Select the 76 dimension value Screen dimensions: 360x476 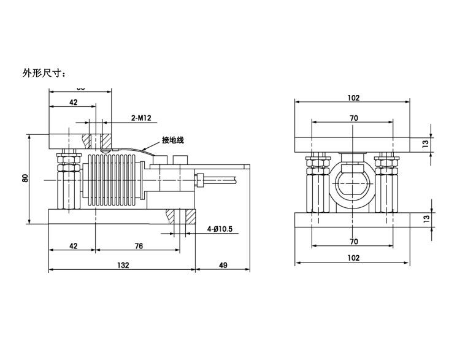138,246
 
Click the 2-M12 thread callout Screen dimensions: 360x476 141,117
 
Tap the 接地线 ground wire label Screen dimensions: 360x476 172,140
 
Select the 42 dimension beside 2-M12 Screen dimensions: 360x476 72,103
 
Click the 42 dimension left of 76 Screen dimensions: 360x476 72,246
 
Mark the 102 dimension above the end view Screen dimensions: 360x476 353,98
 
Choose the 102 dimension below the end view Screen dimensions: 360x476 353,258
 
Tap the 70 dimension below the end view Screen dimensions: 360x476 354,242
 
